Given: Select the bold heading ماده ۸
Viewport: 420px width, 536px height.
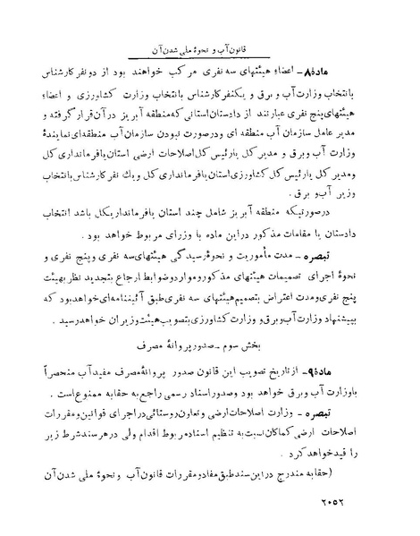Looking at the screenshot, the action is (375, 69).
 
